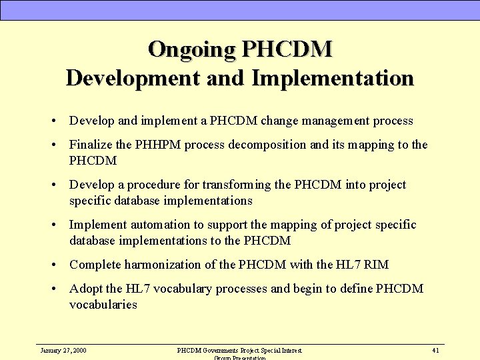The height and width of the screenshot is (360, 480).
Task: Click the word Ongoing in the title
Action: coord(192,49)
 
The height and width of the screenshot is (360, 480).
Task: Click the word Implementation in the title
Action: coord(333,78)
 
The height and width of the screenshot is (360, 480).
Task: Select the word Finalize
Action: coord(91,145)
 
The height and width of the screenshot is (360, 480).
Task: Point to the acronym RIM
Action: coord(377,265)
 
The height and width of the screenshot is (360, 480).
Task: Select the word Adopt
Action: coord(86,289)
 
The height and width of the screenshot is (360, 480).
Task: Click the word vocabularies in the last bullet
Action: coord(103,305)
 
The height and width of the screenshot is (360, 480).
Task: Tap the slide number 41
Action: coord(435,350)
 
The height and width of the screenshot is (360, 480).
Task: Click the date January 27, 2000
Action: coord(63,350)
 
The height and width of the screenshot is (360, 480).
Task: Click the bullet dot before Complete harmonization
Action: coord(53,265)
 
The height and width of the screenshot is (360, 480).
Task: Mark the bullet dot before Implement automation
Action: coord(53,225)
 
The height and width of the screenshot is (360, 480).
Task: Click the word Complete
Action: coord(94,265)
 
